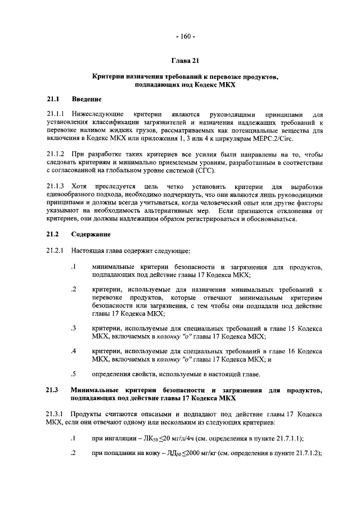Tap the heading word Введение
86,100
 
